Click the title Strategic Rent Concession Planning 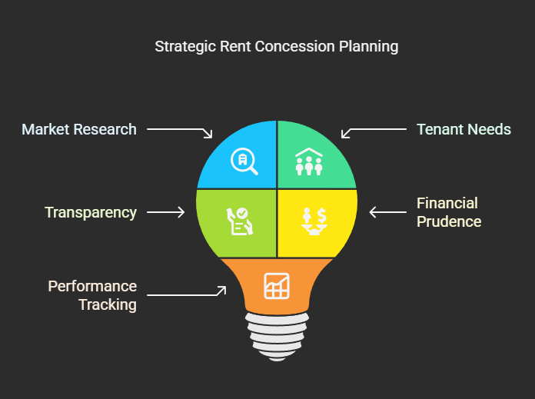(277, 46)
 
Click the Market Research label (79, 129)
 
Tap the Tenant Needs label (464, 129)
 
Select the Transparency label (91, 212)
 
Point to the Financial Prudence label (449, 212)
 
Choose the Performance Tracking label (92, 295)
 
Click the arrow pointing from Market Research (180, 131)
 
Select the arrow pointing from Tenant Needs (374, 131)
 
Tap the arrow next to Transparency (165, 212)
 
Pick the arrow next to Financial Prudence (387, 212)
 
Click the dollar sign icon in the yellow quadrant (315, 221)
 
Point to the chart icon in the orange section (277, 285)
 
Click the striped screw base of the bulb (277, 334)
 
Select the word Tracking (108, 304)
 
